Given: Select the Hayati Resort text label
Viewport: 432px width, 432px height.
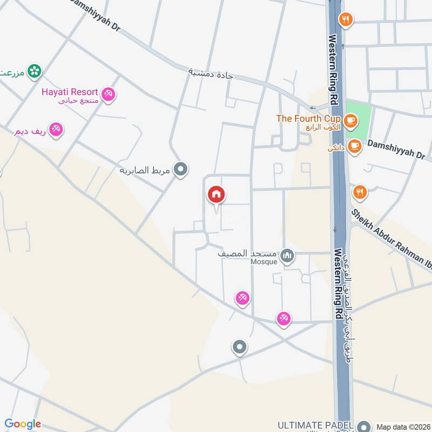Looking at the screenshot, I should (x=69, y=91).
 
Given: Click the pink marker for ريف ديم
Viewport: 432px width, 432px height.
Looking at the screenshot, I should (x=56, y=130).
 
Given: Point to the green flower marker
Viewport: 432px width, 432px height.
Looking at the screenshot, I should (x=35, y=70).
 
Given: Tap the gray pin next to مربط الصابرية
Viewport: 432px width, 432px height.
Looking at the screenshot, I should (x=181, y=170).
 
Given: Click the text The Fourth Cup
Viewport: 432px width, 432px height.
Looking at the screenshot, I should (x=308, y=118).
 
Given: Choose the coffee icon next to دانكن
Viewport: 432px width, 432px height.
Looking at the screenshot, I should (x=354, y=146).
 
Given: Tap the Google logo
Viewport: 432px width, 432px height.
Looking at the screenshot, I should (x=23, y=424).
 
